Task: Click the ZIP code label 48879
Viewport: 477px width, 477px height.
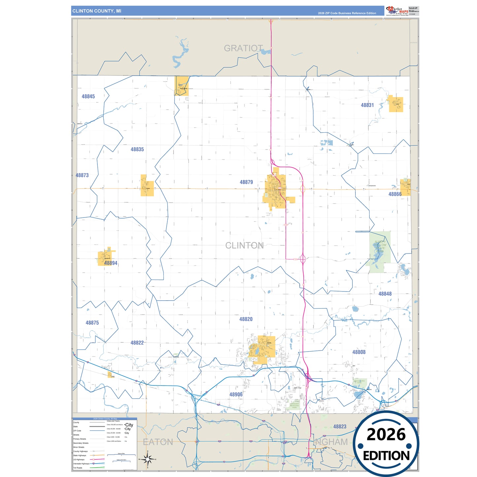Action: pyautogui.click(x=246, y=182)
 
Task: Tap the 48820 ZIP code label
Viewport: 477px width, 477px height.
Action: pyautogui.click(x=246, y=319)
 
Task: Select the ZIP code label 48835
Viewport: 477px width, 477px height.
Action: pyautogui.click(x=137, y=150)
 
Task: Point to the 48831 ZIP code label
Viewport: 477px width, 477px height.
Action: pyautogui.click(x=367, y=105)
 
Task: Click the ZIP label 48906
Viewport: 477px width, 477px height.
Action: pyautogui.click(x=236, y=394)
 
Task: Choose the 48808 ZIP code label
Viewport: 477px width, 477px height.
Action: pyautogui.click(x=359, y=352)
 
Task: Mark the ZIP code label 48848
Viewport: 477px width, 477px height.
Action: pyautogui.click(x=385, y=294)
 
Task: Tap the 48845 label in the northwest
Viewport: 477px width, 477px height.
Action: pyautogui.click(x=88, y=96)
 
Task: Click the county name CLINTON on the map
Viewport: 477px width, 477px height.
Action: pyautogui.click(x=244, y=246)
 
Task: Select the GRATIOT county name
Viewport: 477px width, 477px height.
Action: pyautogui.click(x=243, y=49)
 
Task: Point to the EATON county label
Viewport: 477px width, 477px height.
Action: pyautogui.click(x=158, y=442)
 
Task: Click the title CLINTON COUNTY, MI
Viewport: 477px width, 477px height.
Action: pyautogui.click(x=97, y=11)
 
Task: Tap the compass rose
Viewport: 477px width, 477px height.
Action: pyautogui.click(x=148, y=459)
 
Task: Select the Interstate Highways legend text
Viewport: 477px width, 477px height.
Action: pyautogui.click(x=81, y=463)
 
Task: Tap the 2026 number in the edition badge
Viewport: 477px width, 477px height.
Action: pyautogui.click(x=386, y=434)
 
